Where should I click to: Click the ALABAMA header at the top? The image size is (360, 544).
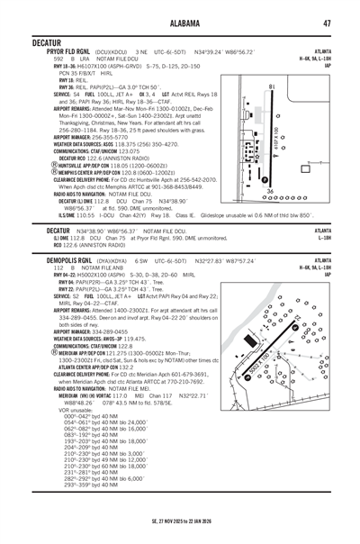[180, 23]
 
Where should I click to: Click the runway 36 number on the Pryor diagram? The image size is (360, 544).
[267, 192]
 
